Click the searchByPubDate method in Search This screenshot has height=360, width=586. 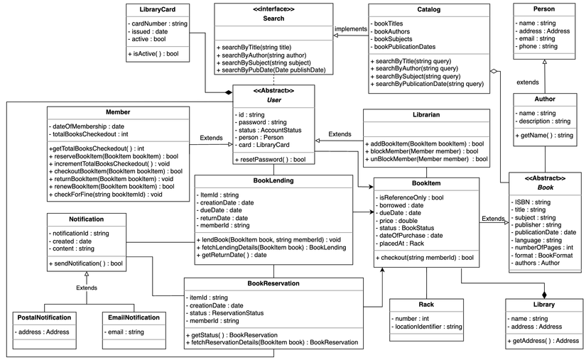point(273,70)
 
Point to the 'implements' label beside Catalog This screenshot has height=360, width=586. point(351,29)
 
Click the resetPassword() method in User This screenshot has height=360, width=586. point(271,160)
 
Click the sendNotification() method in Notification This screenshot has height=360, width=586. point(87,263)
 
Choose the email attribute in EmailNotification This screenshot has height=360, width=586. point(124,332)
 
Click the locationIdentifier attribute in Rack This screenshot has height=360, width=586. point(428,326)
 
